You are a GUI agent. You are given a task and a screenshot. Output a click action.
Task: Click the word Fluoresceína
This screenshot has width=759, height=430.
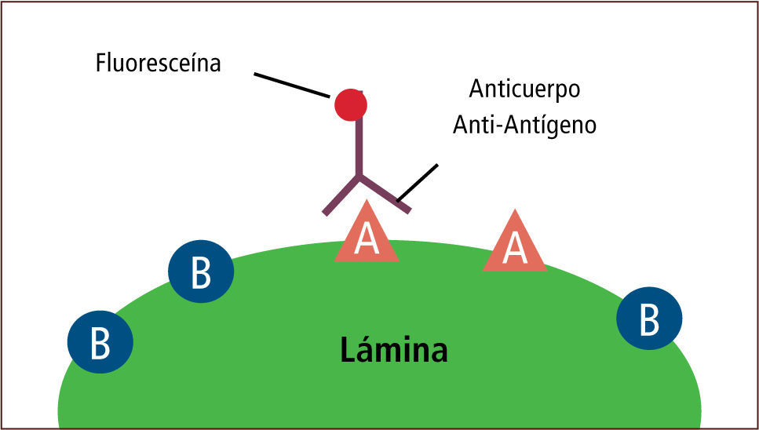pos(158,64)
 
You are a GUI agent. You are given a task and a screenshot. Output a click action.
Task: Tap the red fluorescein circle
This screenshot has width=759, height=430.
pos(350,104)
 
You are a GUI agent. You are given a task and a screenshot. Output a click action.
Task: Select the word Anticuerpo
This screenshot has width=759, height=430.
pos(524,89)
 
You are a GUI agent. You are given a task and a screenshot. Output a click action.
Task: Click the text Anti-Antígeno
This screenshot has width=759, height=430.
pos(524,126)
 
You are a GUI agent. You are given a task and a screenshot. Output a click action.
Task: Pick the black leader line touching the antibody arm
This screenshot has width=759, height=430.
pos(417,182)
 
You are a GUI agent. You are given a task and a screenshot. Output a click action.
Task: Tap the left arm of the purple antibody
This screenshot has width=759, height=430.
pos(341,195)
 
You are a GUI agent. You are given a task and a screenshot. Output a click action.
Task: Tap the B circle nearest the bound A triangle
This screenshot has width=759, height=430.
pos(201,271)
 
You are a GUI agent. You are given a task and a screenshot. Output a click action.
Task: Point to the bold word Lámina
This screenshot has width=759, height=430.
pos(394,349)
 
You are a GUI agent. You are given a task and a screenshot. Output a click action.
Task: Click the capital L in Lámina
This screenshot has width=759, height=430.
pos(348,350)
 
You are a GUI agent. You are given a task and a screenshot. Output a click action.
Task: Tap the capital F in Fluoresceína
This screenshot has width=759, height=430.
pos(101,64)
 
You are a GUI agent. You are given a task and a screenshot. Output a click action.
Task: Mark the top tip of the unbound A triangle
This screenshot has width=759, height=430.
pos(514,212)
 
